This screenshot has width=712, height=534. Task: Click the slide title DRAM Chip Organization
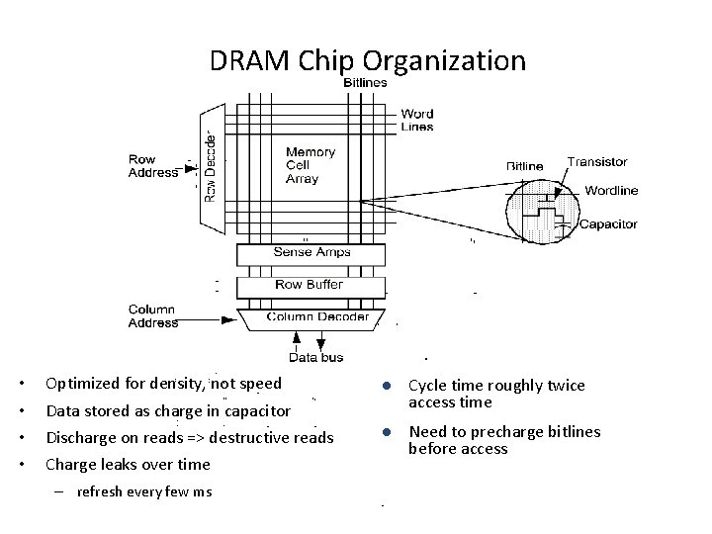click(367, 60)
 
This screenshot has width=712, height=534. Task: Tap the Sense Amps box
click(309, 252)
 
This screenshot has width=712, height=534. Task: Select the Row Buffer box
click(309, 285)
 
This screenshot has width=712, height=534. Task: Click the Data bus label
click(316, 357)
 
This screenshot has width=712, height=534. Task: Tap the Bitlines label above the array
click(365, 83)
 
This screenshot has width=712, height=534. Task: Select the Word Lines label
click(416, 120)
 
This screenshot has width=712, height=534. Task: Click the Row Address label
click(152, 165)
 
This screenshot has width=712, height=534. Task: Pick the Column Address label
click(152, 315)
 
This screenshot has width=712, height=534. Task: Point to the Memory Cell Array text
click(310, 165)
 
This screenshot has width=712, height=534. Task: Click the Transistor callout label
click(596, 162)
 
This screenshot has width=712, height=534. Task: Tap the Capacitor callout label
click(608, 224)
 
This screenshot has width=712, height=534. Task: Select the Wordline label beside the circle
click(611, 191)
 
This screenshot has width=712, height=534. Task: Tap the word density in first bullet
click(176, 384)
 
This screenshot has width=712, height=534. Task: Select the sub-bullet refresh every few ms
click(144, 492)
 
